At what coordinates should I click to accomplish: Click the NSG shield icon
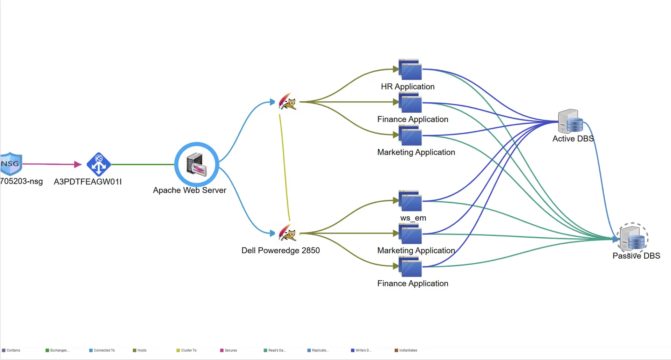pos(11,164)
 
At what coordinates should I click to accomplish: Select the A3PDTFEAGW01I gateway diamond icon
pos(99,164)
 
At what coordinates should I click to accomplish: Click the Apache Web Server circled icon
pos(197,164)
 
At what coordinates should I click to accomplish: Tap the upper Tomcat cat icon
pos(288,102)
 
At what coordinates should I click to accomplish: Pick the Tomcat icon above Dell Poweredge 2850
pos(288,233)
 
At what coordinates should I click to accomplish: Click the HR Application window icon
pos(410,70)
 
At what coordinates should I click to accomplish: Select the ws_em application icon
pos(410,201)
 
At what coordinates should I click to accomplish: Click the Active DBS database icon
pos(571,121)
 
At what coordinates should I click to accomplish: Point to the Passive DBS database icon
pos(633,239)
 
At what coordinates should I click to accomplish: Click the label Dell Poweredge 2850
pos(280,250)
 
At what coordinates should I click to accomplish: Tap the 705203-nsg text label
pos(22,181)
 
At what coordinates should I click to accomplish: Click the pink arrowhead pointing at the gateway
pos(78,164)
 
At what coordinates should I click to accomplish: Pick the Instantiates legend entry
pos(407,350)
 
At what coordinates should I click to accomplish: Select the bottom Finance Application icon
pos(410,267)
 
